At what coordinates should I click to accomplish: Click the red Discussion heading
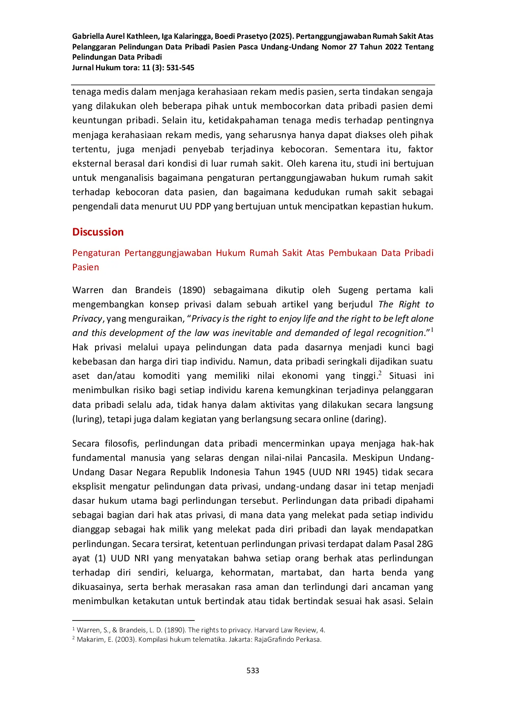pos(98,232)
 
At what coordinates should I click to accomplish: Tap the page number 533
pos(253,670)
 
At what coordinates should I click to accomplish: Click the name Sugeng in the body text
pos(353,290)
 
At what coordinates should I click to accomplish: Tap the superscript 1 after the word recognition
pos(432,330)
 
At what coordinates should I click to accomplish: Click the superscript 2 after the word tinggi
pos(380,373)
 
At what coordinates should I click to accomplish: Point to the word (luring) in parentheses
pos(88,419)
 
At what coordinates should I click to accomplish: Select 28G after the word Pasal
pos(425,544)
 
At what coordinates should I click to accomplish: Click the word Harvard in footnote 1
pos(266,630)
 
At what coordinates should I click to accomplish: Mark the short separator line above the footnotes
pos(133,620)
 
